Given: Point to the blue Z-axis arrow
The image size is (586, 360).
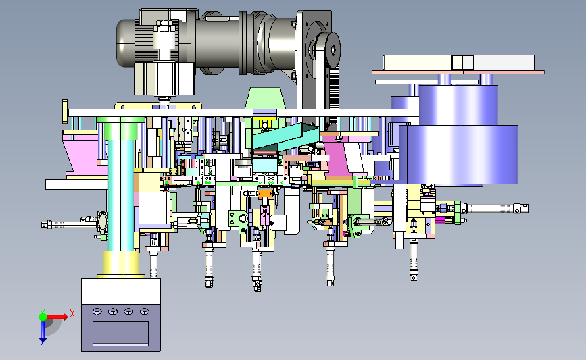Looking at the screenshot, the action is pyautogui.click(x=43, y=331).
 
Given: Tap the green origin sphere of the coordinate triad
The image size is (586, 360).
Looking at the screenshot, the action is pyautogui.click(x=43, y=317).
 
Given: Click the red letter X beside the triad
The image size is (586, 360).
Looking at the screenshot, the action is pyautogui.click(x=72, y=313).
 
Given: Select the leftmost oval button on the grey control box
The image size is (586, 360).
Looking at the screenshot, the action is pyautogui.click(x=97, y=311).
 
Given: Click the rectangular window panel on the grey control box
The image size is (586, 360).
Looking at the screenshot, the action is pyautogui.click(x=121, y=333).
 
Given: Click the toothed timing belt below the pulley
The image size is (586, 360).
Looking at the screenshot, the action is pyautogui.click(x=333, y=88).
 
